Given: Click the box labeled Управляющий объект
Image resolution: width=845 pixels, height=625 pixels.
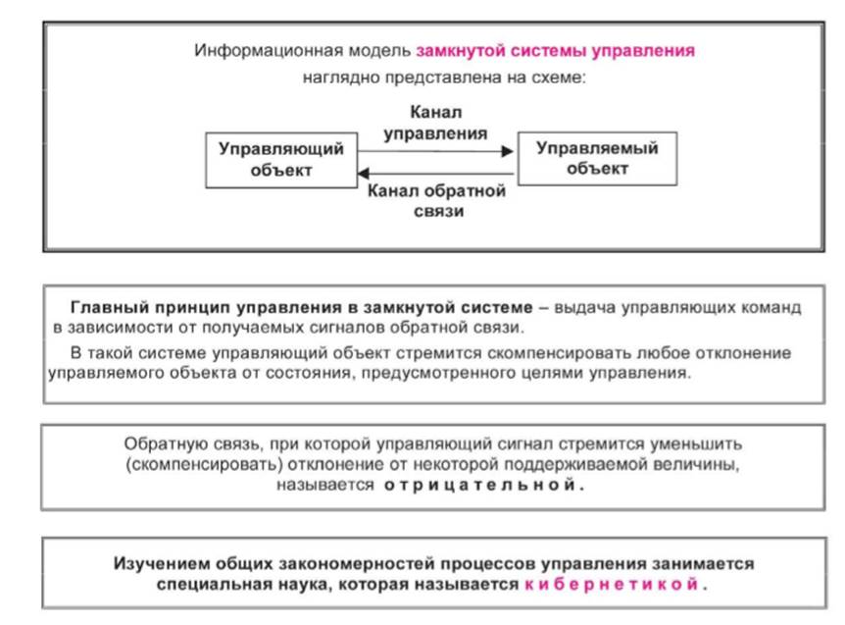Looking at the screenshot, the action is point(281,160).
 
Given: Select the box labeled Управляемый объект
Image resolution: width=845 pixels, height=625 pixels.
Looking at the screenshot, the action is point(597,159).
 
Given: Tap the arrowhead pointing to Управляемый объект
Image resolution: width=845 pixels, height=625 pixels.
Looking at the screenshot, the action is point(507,151).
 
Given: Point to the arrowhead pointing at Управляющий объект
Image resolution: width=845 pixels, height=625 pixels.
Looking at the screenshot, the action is point(364,173).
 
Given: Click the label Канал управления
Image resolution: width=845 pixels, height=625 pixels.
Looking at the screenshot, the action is point(435,123).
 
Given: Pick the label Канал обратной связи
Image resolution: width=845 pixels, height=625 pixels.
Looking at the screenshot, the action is point(436,200).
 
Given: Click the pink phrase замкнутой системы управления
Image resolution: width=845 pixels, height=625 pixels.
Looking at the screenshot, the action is point(556,51).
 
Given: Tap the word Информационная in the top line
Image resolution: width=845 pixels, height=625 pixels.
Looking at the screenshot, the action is point(269,51).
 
